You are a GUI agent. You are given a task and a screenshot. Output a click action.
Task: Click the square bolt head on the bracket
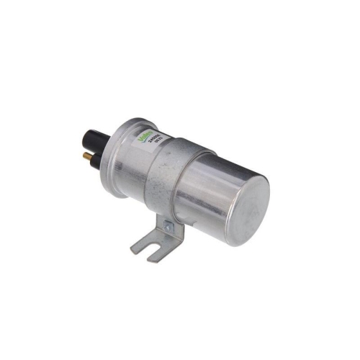[x=167, y=228]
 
